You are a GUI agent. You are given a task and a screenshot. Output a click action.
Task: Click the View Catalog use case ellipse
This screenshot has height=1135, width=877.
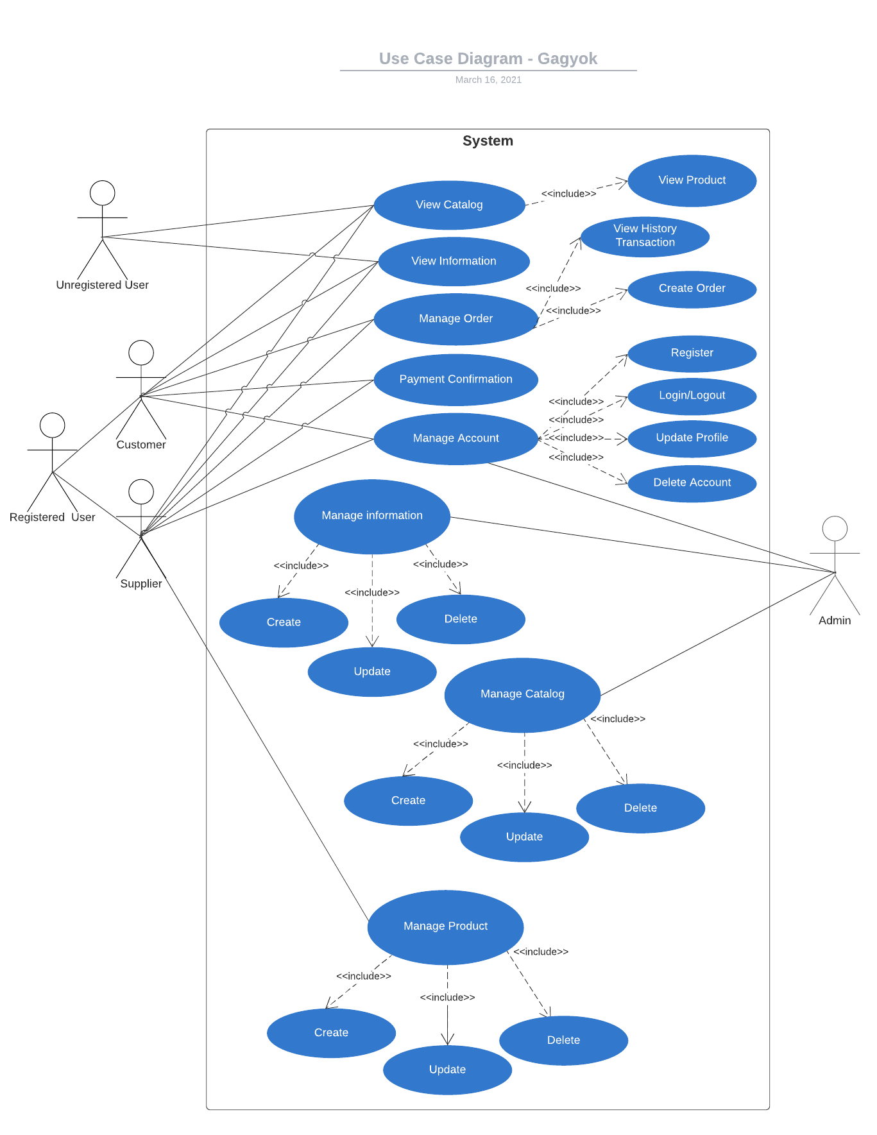(449, 205)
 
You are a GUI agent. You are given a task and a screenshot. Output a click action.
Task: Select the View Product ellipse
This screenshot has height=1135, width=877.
(692, 181)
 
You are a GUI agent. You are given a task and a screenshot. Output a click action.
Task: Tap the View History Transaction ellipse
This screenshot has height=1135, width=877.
(645, 236)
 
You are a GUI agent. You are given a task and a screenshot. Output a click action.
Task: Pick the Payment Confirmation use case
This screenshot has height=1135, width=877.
(456, 380)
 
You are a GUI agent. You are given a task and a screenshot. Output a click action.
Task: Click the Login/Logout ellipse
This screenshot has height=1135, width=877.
(692, 396)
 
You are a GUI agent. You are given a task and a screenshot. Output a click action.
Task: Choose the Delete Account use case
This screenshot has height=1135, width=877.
(692, 483)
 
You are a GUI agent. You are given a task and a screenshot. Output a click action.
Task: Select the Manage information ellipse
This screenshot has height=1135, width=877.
(372, 516)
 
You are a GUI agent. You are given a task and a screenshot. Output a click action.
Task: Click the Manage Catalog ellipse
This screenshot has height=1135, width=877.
(522, 695)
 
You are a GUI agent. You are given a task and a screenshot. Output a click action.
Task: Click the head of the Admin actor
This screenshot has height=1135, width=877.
(834, 529)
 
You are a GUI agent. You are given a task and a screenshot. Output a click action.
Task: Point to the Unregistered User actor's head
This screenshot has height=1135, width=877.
(102, 193)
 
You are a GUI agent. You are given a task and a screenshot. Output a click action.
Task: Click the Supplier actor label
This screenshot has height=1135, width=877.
(141, 584)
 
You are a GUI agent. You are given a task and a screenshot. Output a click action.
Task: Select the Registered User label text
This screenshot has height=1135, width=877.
(52, 518)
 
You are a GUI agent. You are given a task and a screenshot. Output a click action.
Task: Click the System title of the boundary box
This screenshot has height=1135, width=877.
(488, 141)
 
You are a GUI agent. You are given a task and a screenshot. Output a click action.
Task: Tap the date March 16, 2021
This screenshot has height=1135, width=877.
(488, 80)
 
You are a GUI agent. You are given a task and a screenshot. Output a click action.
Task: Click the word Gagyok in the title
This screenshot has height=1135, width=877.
(567, 59)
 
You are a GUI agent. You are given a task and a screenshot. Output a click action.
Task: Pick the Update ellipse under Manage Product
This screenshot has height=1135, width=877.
(447, 1070)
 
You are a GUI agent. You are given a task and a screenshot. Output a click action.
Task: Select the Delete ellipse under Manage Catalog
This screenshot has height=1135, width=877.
(640, 808)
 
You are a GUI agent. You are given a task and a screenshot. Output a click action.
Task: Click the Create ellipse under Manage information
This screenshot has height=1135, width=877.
(284, 623)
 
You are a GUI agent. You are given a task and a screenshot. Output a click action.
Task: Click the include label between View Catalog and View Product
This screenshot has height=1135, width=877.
(568, 194)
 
